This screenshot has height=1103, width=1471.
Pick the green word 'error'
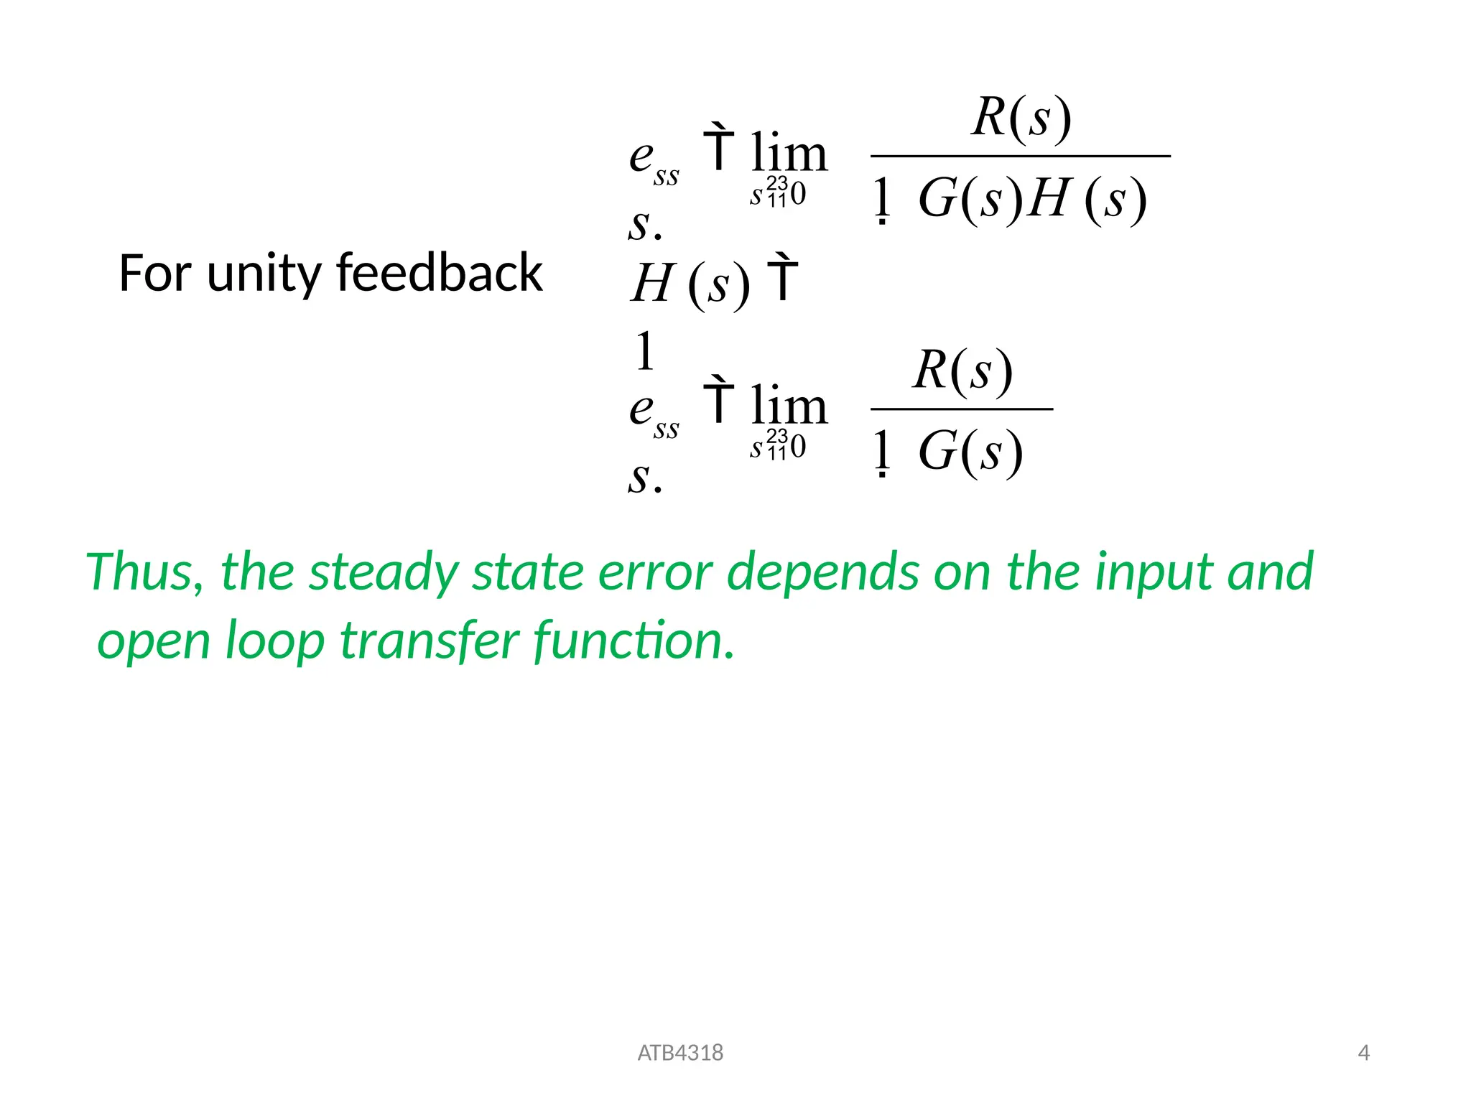coord(655,572)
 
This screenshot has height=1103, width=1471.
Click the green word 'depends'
coord(822,572)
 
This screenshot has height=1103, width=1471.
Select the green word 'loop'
coord(275,641)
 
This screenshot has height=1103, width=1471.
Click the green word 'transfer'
coord(429,641)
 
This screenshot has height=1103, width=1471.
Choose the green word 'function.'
coord(634,641)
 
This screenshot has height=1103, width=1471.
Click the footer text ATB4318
coord(680,1053)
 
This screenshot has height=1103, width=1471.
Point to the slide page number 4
coord(1363,1053)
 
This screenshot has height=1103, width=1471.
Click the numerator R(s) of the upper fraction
coord(1021,116)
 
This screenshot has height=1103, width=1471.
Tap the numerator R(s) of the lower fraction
coord(962,371)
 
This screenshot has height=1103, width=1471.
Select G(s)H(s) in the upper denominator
coord(1032,199)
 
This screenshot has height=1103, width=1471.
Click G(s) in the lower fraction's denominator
coord(970,452)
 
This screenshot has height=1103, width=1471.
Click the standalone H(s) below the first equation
coord(690,284)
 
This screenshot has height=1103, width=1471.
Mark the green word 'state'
coord(529,572)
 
